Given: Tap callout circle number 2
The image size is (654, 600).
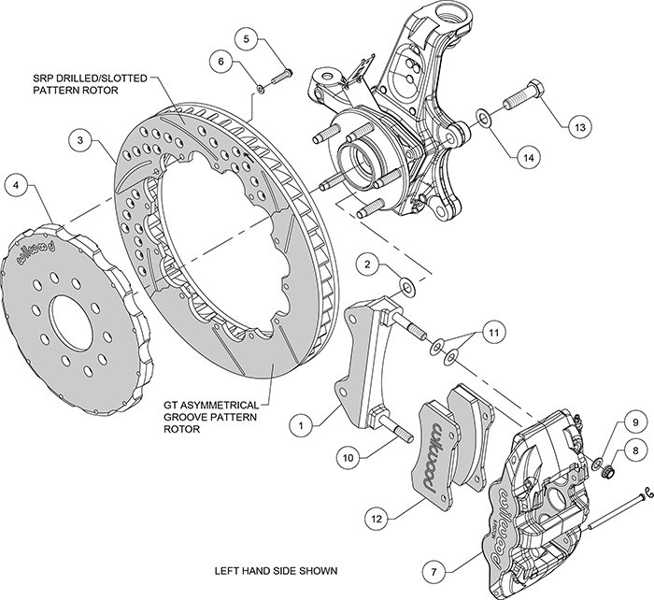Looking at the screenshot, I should point(370,266).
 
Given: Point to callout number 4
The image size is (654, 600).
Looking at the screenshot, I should point(17,185).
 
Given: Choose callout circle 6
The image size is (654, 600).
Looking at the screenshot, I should point(222,62).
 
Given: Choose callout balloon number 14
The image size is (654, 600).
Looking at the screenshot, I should point(528,158).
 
